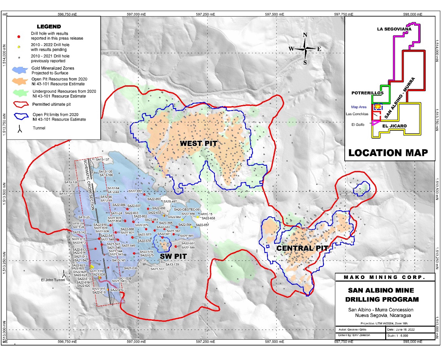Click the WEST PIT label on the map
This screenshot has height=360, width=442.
198,144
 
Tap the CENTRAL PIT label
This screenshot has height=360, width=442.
302,248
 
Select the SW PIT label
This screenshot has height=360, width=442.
173,256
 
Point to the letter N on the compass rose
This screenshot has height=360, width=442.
305,35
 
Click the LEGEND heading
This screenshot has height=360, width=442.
49,27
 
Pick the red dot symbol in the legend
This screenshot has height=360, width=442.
19,36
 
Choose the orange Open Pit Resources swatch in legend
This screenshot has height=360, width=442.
20,81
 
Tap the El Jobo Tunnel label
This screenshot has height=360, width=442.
53,280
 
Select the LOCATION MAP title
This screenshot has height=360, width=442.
388,153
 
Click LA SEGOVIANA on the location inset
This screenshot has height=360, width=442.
394,29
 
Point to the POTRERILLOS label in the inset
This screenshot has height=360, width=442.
367,93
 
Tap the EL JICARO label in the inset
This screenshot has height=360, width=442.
394,126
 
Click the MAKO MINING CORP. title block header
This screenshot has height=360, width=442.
385,277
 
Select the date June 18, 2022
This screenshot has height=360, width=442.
401,330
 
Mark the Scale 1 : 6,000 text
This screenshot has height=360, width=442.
397,336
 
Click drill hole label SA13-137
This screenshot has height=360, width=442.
102,160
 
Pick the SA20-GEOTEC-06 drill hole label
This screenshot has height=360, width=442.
186,209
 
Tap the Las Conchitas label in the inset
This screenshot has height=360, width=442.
357,114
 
